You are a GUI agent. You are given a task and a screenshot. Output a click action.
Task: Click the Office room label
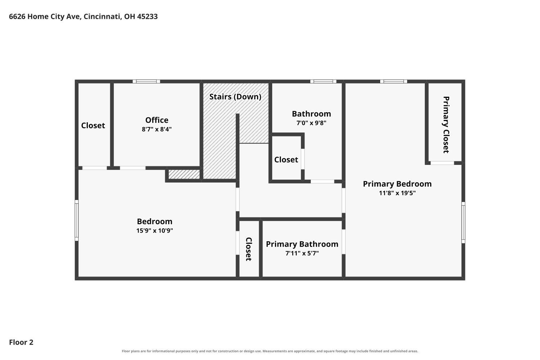pos(157,120)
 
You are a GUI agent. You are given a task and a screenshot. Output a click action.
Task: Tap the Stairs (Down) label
pos(235,97)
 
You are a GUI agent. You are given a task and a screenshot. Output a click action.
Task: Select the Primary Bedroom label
pos(397,184)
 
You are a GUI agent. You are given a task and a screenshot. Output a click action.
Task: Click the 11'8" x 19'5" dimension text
pos(397,193)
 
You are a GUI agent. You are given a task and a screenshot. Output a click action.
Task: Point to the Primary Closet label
pos(446,125)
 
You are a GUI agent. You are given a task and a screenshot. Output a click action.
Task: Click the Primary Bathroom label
pos(302,244)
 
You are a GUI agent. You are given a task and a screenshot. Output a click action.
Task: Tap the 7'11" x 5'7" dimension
pos(302,253)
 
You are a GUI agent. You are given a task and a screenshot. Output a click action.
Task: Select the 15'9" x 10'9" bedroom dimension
pos(154,230)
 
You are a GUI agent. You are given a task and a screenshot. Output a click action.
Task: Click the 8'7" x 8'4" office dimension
pos(157,129)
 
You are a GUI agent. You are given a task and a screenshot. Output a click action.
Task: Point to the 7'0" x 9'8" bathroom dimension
pos(311,123)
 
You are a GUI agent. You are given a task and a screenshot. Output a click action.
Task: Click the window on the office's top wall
pos(146,81)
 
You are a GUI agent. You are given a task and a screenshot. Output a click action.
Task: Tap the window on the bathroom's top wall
pos(323,81)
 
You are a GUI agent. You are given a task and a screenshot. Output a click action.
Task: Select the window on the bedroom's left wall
pos(77,220)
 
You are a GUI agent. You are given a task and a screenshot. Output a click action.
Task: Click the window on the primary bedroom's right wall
pos(463,222)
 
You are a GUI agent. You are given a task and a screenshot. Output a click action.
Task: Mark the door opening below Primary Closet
pos(442,163)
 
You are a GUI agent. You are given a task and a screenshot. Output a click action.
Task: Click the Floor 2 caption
pos(21,342)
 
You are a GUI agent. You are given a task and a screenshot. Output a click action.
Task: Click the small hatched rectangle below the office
pos(184,174)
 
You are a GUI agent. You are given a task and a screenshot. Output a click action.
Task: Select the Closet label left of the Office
pos(93,126)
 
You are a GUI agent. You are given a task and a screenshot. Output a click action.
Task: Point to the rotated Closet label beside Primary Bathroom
pos(249,249)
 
